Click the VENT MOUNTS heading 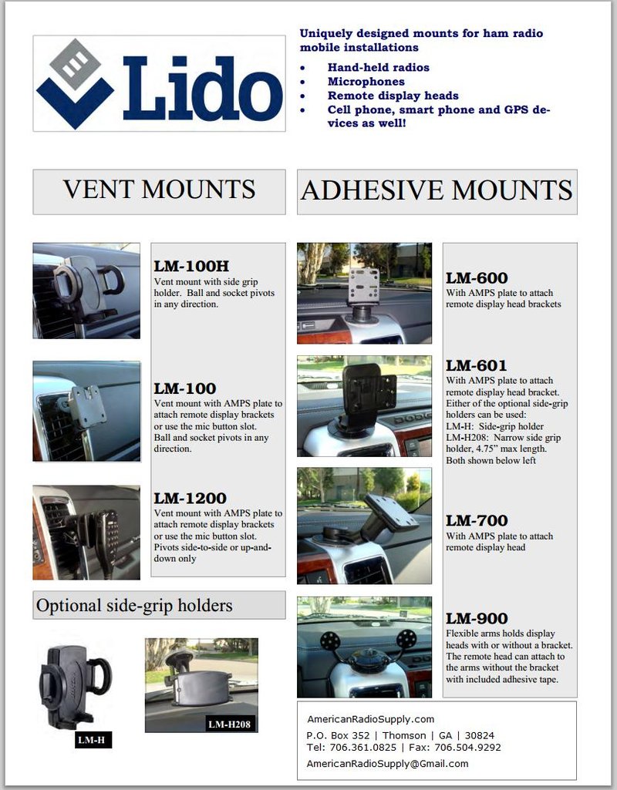point(159,190)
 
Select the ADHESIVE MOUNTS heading point(437,190)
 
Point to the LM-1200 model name point(190,499)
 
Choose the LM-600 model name point(477,278)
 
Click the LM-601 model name point(477,365)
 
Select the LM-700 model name point(477,521)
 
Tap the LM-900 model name point(477,618)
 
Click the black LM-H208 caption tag point(231,724)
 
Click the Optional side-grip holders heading point(134,606)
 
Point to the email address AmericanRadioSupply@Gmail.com point(387,763)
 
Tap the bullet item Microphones point(366,82)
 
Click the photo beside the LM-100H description point(86,291)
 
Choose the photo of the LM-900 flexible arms point(364,647)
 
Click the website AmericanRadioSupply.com point(370,719)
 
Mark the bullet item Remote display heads point(393,96)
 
